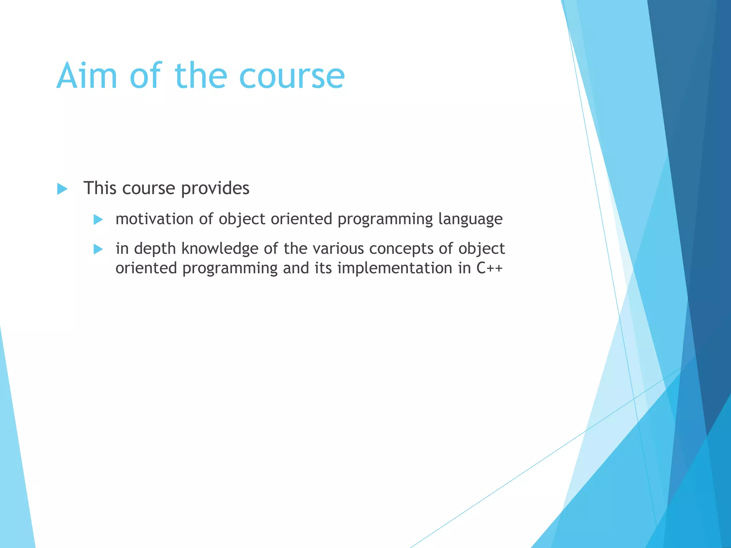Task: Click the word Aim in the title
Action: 87,76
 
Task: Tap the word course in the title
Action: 292,76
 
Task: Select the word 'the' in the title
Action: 201,76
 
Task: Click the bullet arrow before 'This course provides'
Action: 62,189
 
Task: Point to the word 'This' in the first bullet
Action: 100,188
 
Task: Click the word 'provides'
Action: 215,188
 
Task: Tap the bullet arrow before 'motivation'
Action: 98,219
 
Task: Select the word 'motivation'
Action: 155,219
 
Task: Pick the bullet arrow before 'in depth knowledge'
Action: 98,249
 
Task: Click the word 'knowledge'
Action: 220,248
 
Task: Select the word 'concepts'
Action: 401,249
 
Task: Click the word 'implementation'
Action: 395,268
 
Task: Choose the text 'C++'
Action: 489,268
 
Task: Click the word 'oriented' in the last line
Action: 146,268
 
